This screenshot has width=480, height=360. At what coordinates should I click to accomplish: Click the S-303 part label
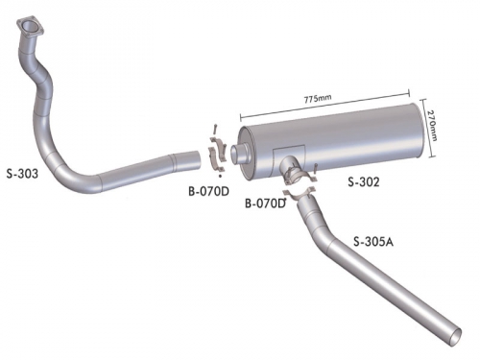[22, 174]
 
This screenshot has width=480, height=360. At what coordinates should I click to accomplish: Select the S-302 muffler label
[364, 182]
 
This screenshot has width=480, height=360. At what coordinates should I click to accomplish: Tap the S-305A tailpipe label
[373, 242]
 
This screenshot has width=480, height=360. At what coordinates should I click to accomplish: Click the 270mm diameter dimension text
[432, 126]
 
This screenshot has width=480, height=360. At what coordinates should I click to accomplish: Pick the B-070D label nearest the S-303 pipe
[208, 191]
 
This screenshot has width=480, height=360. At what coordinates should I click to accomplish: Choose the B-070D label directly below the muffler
[265, 204]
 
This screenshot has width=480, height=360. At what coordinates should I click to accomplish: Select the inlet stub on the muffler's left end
[240, 154]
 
